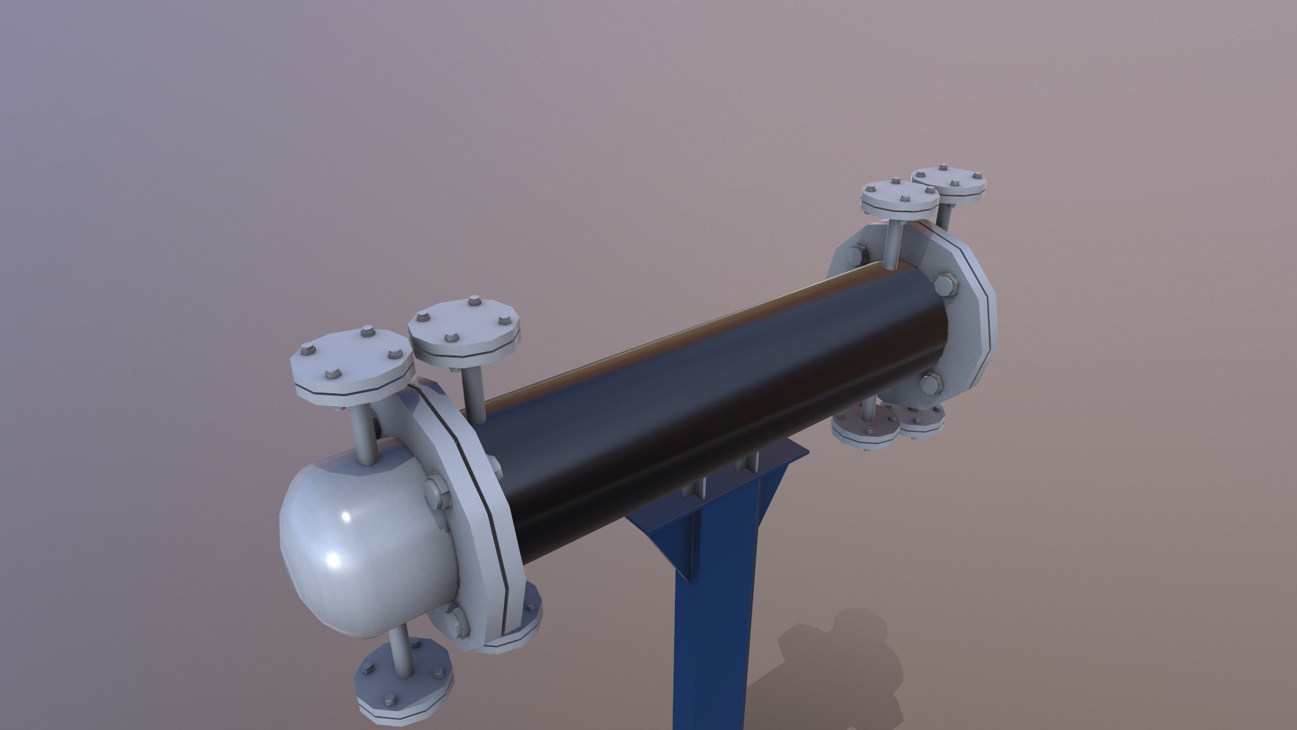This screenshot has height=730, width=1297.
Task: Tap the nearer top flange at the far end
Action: pyautogui.click(x=898, y=199)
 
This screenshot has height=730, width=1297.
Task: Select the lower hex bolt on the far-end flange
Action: pyautogui.click(x=930, y=384)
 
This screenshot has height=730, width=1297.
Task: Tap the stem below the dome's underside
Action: pyautogui.click(x=403, y=649)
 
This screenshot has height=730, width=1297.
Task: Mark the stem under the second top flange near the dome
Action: pyautogui.click(x=472, y=395)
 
